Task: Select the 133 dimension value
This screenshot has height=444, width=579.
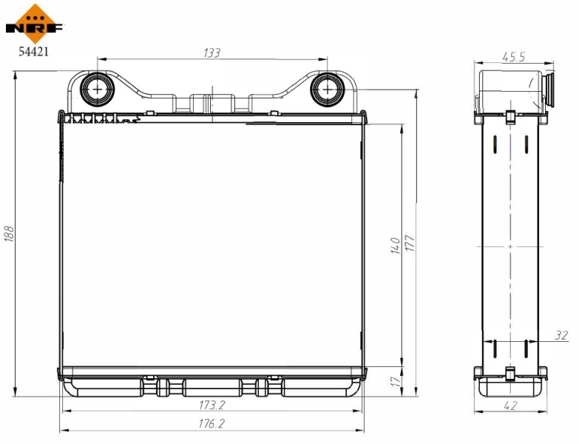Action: coord(212,53)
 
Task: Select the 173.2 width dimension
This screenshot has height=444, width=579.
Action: coord(211,405)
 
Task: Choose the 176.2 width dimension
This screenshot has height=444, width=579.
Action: coord(211,424)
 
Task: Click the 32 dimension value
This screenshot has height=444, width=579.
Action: coord(561,335)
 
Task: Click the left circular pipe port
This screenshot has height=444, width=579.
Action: coord(98,89)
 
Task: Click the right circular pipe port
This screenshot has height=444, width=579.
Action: coord(325,89)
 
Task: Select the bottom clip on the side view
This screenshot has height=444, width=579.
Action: coord(510,373)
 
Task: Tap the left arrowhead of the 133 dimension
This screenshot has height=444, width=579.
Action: coord(101,59)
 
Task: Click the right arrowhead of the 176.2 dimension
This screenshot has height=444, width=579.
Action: coord(362,431)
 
